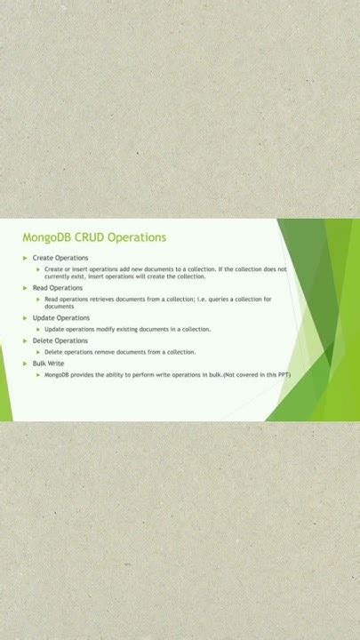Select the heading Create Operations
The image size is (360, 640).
point(60,258)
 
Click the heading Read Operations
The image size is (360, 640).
point(58,288)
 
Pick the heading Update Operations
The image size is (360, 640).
point(61,317)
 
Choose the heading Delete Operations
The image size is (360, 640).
point(60,340)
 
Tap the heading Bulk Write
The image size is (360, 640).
point(49,364)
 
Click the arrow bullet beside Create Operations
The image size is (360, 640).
point(25,258)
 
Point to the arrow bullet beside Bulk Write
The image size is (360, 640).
point(25,364)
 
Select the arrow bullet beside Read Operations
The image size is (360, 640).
point(25,288)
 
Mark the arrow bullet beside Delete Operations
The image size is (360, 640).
point(25,340)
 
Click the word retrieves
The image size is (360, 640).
point(100,299)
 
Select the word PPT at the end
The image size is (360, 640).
point(282,375)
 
